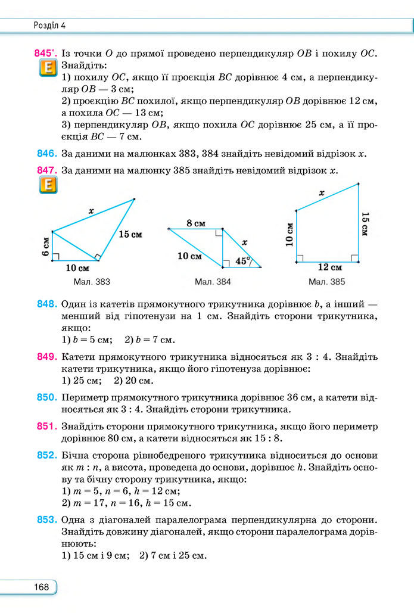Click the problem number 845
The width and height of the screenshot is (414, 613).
pos(45,54)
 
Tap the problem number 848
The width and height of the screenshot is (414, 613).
pos(46,304)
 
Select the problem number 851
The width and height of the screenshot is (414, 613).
pos(46,426)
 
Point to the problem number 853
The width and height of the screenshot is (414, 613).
pos(46,520)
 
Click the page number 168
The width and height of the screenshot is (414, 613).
pos(42,587)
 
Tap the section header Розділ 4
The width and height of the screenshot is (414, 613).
pos(49,25)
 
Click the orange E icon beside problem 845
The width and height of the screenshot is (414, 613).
pos(47,69)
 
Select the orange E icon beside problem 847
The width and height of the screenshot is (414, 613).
pos(47,186)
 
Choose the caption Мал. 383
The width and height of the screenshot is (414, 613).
pos(92,281)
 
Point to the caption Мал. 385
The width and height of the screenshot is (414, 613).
pos(327,281)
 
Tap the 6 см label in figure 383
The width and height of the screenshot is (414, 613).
pos(45,245)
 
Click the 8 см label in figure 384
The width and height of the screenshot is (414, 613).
pos(196,223)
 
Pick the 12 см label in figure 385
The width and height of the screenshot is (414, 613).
pos(329,267)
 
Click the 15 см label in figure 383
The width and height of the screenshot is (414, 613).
pos(130,234)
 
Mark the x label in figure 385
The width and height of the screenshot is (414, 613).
pos(322,192)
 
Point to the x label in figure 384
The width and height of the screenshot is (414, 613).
pos(245,242)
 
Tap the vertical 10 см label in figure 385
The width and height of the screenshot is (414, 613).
pos(289,234)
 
